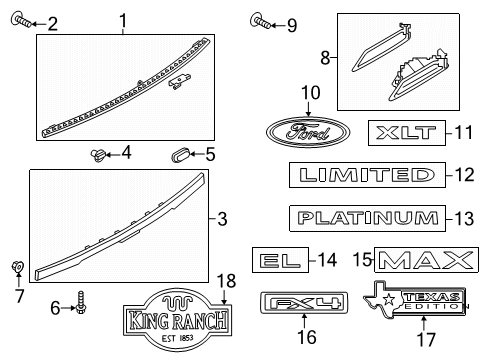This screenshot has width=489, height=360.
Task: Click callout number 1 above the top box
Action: pyautogui.click(x=123, y=19)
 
